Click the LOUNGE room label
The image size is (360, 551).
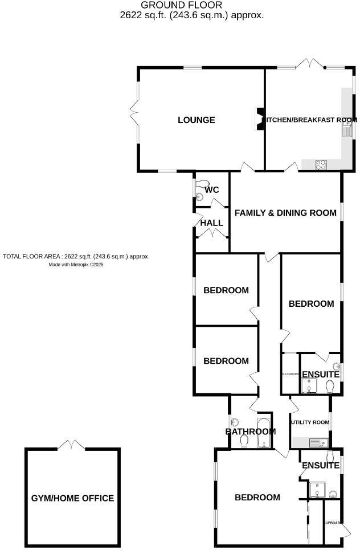click(196, 120)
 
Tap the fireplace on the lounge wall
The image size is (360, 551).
click(260, 120)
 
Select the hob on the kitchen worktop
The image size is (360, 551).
click(321, 165)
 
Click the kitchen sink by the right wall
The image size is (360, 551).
click(347, 131)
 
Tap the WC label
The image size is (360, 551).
click(212, 190)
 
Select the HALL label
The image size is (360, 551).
click(211, 223)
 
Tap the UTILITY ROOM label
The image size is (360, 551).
click(310, 422)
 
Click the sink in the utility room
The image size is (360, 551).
click(316, 442)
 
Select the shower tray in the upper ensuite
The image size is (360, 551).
click(308, 386)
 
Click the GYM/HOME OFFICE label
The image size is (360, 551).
click(72, 498)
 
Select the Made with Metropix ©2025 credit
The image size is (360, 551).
click(75, 265)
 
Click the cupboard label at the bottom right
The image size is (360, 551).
click(332, 523)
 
